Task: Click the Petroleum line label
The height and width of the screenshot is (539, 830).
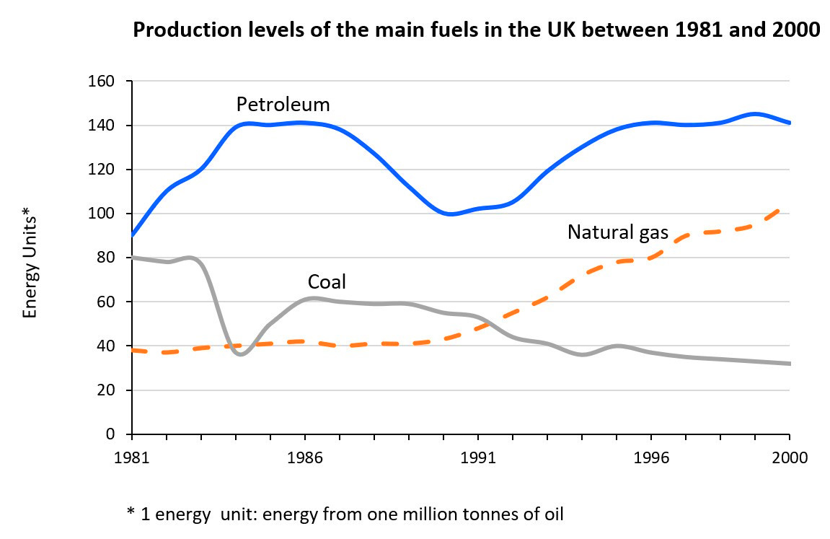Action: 283,105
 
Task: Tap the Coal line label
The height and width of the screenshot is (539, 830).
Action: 327,281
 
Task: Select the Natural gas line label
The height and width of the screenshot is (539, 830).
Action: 618,232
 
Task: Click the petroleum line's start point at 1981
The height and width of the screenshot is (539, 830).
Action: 133,235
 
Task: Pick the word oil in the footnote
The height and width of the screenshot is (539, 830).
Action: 552,514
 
